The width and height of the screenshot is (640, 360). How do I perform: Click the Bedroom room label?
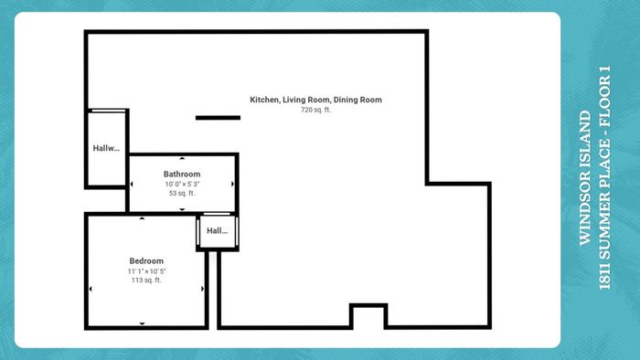tap(146, 261)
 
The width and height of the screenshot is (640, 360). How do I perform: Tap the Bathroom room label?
tap(182, 175)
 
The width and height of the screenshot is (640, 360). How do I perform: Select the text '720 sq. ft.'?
tap(316, 110)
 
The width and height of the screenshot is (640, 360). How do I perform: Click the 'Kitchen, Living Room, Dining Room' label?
tap(316, 100)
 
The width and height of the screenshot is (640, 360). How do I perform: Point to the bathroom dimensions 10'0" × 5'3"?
tap(182, 184)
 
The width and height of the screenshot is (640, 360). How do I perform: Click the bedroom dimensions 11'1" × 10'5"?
tap(146, 271)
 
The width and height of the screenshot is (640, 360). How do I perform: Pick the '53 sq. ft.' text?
tap(182, 194)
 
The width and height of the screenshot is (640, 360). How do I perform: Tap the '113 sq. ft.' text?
tap(146, 281)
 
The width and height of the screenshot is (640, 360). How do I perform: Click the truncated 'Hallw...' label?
tap(106, 148)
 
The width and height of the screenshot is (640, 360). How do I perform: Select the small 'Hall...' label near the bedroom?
tap(218, 231)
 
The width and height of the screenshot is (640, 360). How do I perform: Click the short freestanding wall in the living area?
tap(218, 118)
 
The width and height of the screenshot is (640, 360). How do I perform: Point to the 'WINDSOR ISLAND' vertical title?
tap(586, 178)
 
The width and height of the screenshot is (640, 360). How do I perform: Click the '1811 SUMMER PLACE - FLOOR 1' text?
tap(604, 178)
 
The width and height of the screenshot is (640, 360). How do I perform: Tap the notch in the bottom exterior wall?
tap(368, 306)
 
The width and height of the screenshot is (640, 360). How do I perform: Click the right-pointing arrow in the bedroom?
tap(203, 289)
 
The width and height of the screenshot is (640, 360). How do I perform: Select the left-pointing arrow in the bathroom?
tap(132, 185)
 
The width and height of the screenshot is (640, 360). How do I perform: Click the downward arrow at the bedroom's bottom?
tap(142, 323)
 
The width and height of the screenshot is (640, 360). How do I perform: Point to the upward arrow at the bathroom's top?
tap(182, 158)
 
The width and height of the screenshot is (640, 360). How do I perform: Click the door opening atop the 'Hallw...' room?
tap(109, 111)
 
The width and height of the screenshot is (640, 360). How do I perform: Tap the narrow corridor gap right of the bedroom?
tap(213, 290)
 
